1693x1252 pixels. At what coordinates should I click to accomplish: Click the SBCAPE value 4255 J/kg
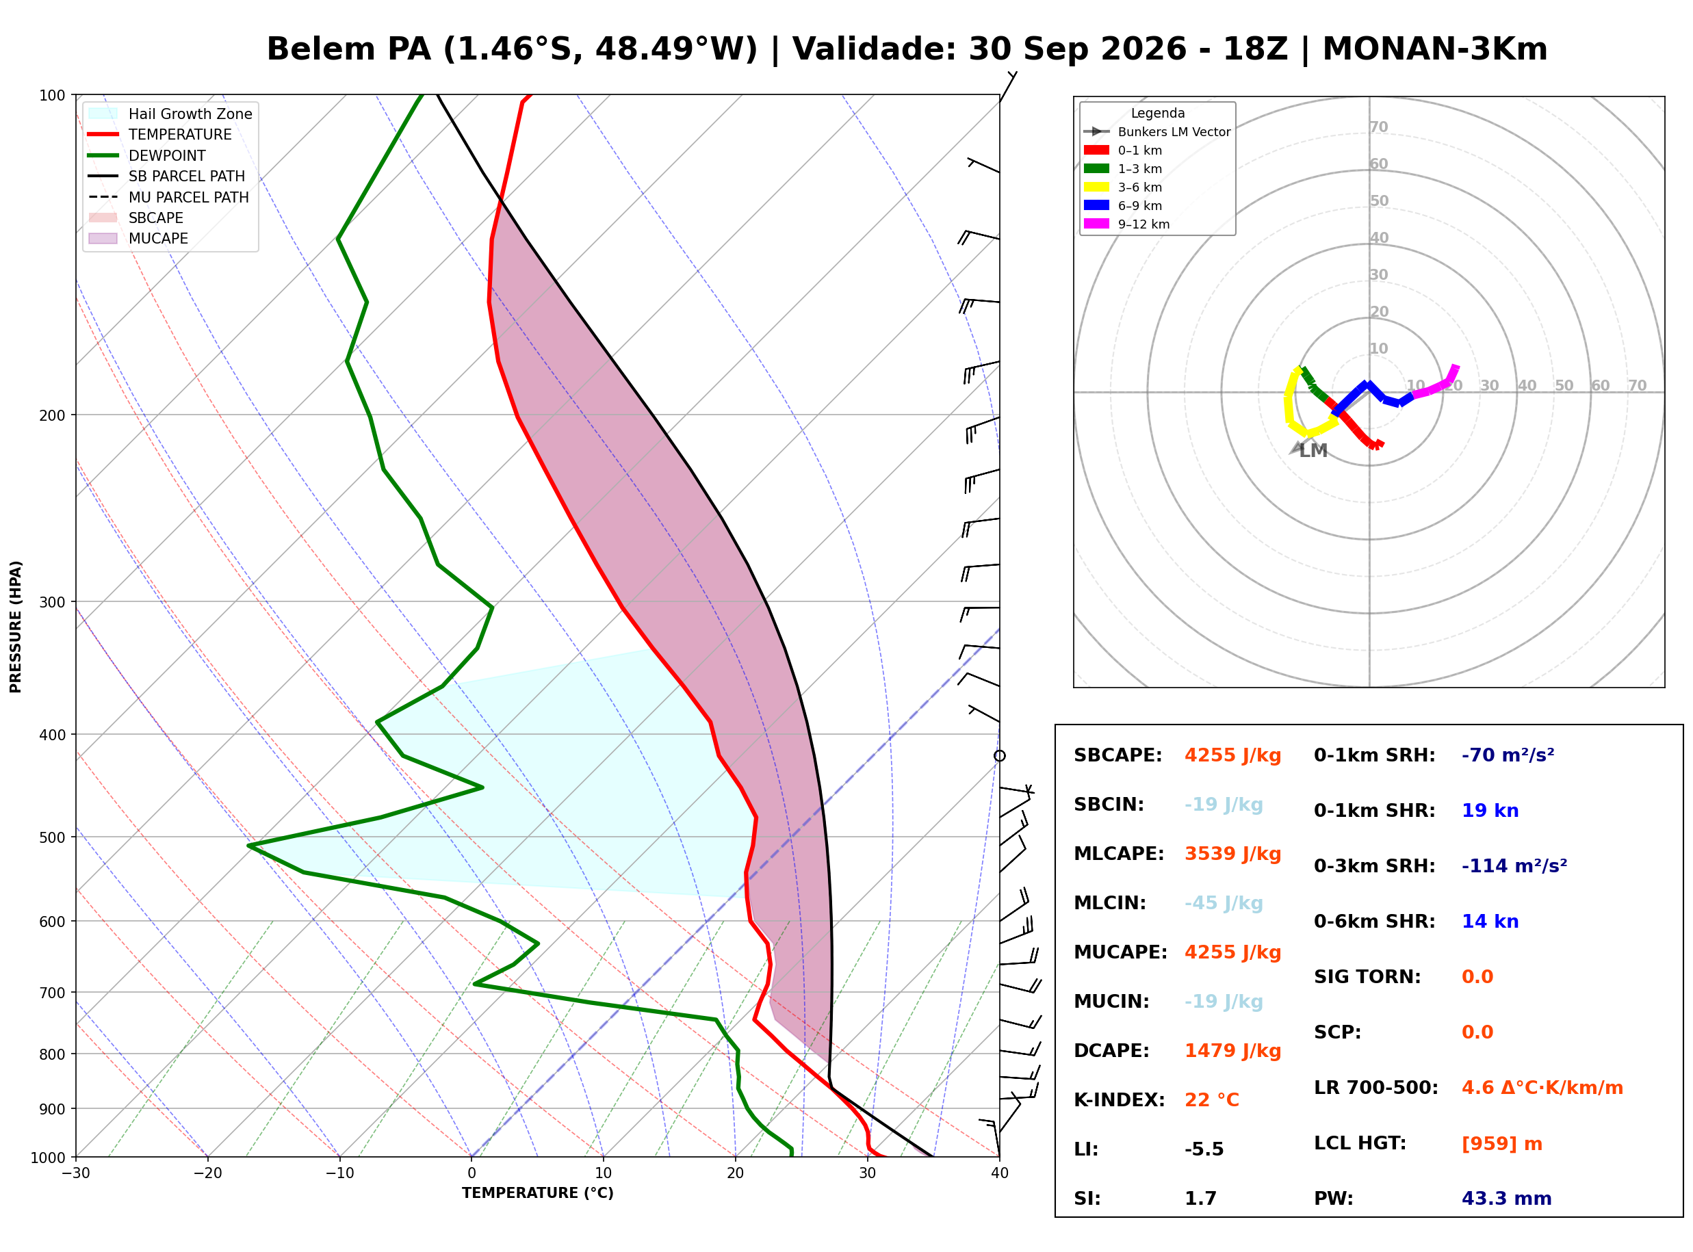click(x=1232, y=755)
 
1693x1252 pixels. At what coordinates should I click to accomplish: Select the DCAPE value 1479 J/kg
click(x=1232, y=1051)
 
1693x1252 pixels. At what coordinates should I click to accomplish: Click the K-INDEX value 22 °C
click(x=1212, y=1100)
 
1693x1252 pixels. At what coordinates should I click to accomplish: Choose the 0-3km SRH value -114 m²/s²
click(x=1514, y=865)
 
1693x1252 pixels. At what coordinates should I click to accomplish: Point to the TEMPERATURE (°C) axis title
click(x=537, y=1194)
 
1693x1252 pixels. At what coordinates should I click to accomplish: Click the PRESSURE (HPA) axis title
click(x=16, y=627)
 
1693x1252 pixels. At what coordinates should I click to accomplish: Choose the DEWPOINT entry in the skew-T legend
click(x=167, y=155)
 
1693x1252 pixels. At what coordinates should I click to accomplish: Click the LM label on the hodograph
click(x=1313, y=451)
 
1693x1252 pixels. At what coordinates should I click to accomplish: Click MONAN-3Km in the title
click(x=1434, y=49)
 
